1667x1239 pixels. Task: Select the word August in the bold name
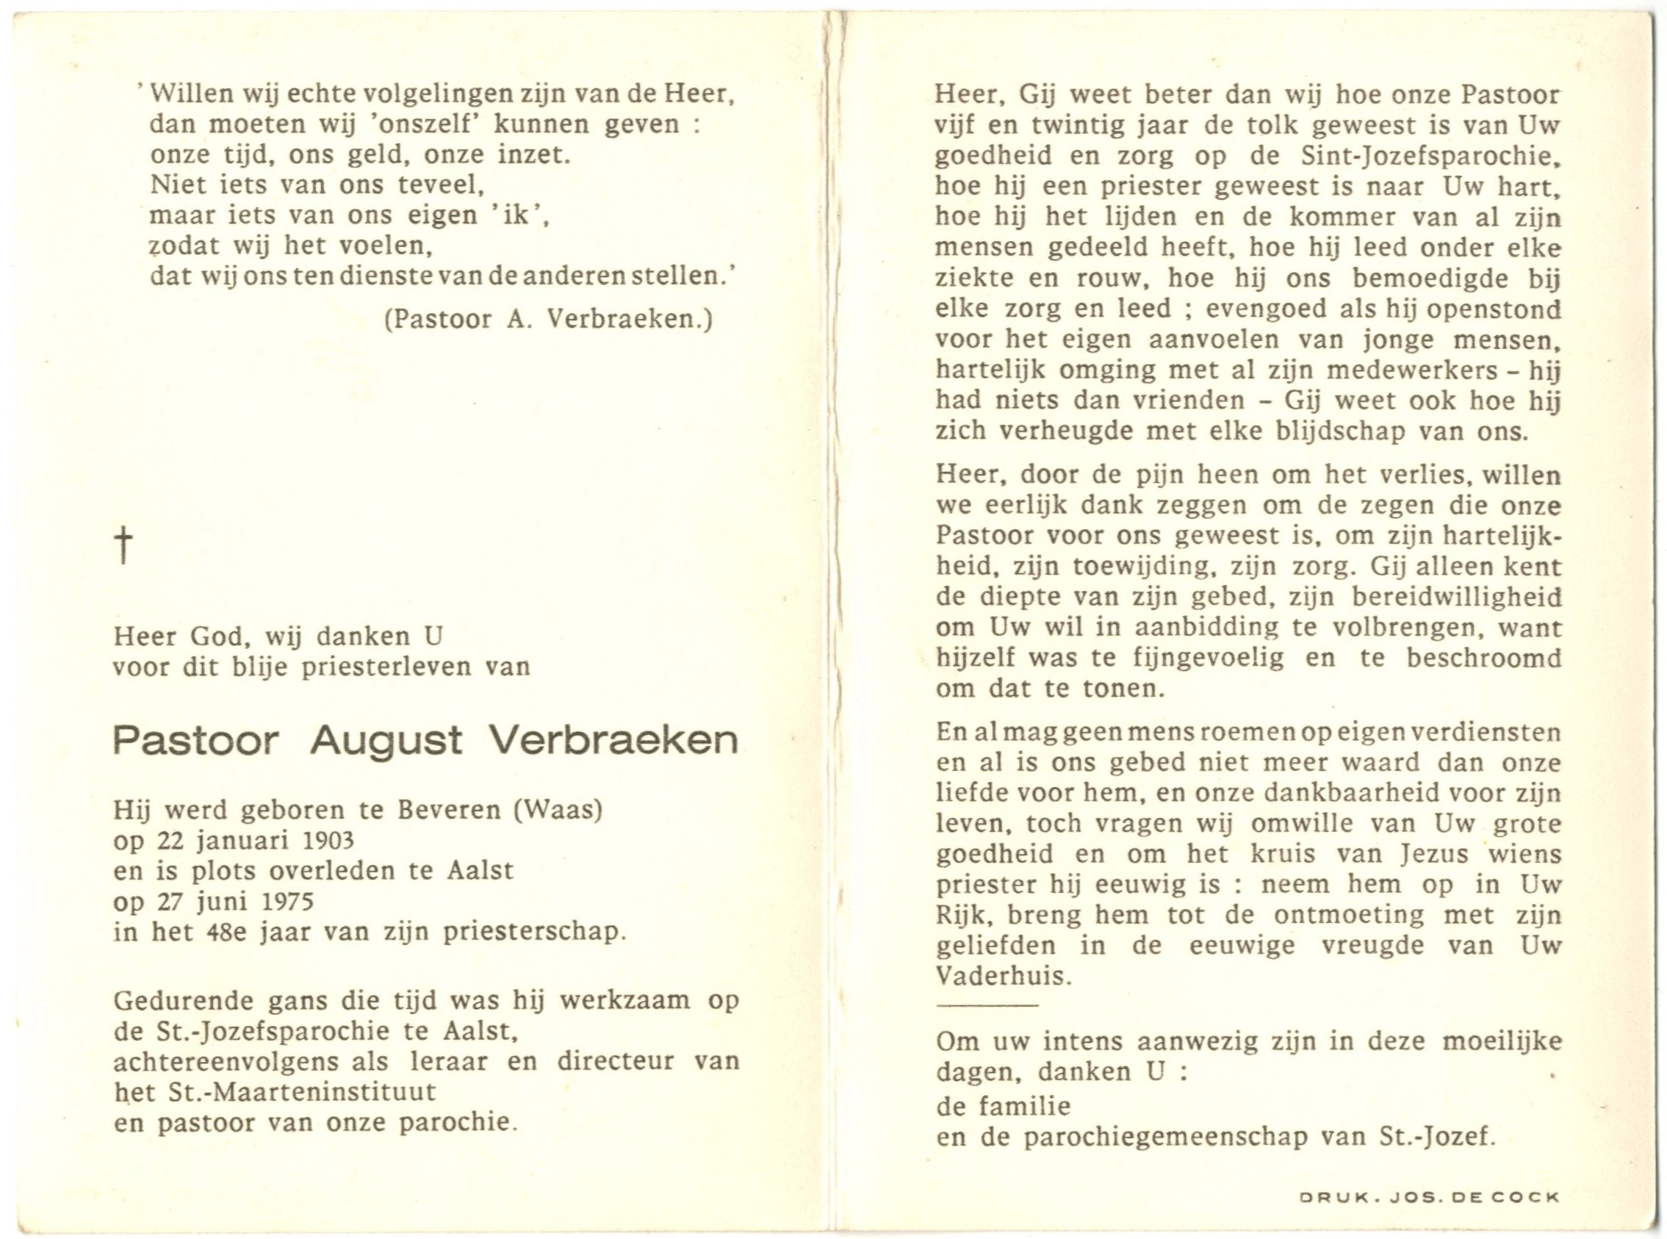click(x=386, y=741)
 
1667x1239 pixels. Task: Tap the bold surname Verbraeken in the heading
click(x=613, y=741)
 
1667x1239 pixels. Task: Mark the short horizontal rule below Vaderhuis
click(x=987, y=1005)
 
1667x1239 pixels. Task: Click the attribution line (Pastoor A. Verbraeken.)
click(x=548, y=320)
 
